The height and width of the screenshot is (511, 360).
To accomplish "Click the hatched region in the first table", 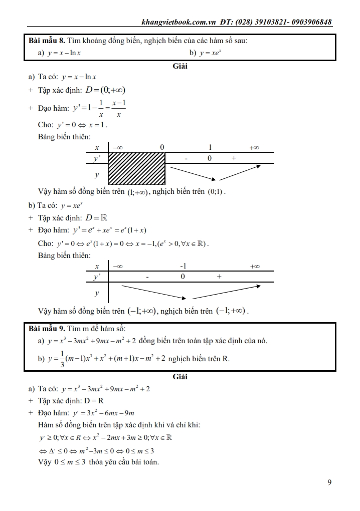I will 137,169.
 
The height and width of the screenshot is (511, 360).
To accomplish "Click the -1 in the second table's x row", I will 184,266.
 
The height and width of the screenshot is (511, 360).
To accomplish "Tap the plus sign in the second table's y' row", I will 219,277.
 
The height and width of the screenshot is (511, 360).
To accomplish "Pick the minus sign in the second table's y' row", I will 148,277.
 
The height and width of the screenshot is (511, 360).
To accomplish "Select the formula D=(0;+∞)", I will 105,90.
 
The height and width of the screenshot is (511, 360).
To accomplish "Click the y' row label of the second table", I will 96,277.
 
